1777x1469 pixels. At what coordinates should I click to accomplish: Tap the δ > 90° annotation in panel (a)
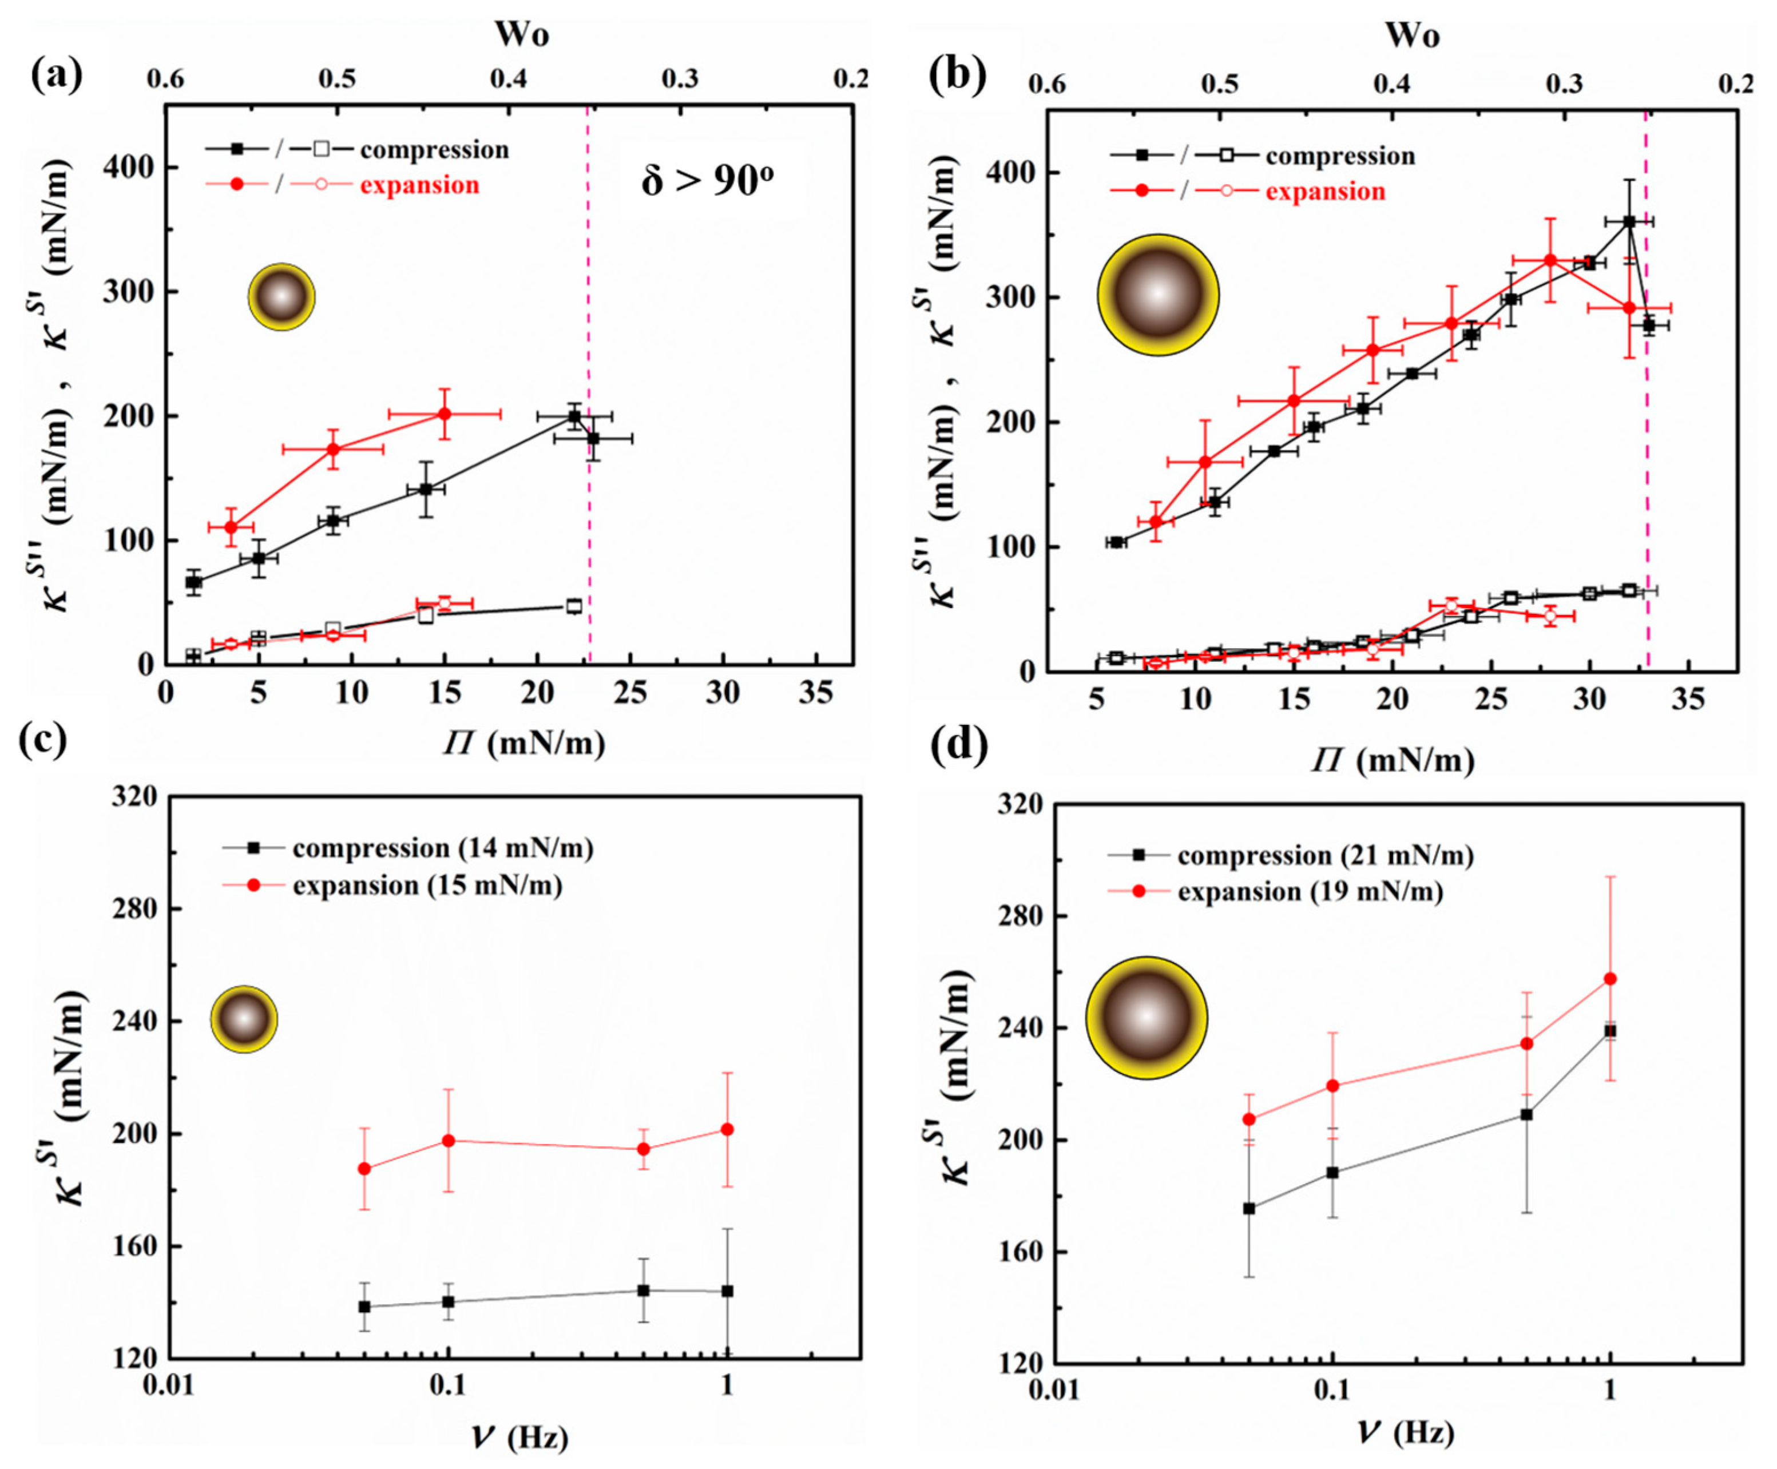(707, 180)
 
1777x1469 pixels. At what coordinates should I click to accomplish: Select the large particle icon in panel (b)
(1157, 295)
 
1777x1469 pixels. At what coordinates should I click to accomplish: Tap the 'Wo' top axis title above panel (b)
(1411, 35)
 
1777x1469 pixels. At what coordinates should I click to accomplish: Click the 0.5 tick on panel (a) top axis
(337, 79)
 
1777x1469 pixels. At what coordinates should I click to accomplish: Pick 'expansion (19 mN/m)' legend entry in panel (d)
(1310, 892)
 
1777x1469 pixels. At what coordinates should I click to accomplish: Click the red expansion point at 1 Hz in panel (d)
(1611, 979)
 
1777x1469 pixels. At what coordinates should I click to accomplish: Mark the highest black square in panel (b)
(1629, 222)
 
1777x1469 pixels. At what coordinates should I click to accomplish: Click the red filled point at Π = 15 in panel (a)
(444, 414)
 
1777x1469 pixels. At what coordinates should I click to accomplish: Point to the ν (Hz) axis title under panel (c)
(519, 1437)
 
